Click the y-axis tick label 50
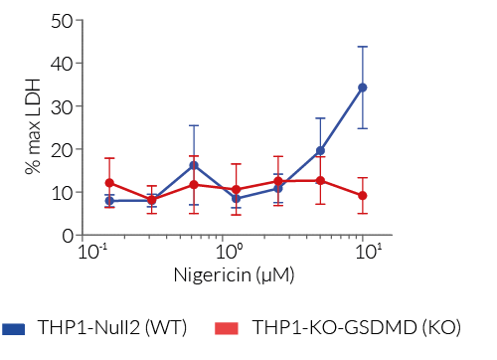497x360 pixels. tap(64, 20)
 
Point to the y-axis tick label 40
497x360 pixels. tap(64, 64)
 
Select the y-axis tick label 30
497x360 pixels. tap(64, 106)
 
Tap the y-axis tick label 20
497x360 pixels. tap(64, 149)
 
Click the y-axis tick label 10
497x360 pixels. tap(64, 192)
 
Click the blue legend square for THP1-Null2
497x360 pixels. tap(15, 327)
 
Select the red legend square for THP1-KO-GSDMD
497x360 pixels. tap(228, 327)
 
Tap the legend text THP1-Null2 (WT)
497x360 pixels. tap(111, 327)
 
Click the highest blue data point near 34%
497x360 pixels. tap(363, 88)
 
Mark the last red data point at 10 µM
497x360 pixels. tap(363, 196)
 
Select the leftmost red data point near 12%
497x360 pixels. tap(109, 183)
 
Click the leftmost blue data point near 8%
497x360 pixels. tap(109, 201)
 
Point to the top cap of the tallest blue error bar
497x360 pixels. tap(363, 47)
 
